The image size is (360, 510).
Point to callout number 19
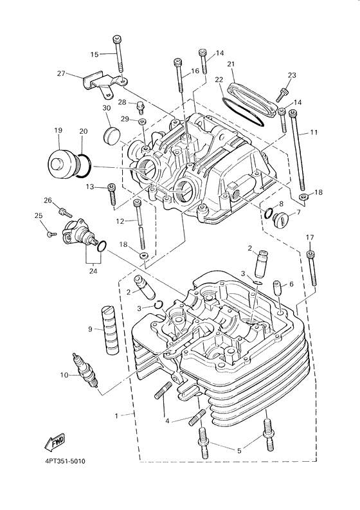59,131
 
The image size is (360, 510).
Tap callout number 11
314,132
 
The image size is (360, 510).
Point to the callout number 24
94,271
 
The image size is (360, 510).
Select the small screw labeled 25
51,235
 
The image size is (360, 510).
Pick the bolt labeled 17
312,267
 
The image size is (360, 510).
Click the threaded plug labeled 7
280,221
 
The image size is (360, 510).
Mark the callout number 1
116,415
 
